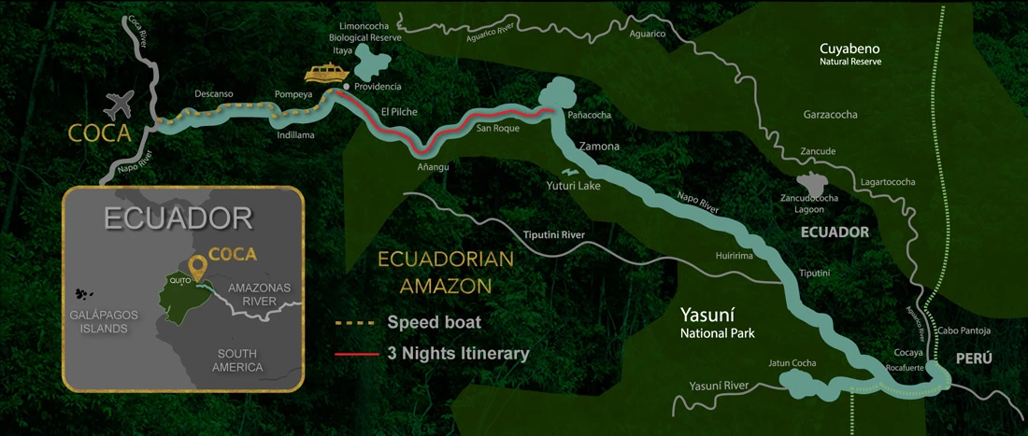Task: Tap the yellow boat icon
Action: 326,73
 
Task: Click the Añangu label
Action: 434,166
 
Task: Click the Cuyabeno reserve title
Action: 850,49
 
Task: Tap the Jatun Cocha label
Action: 792,362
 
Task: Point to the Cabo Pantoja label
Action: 963,331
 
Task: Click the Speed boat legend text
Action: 434,323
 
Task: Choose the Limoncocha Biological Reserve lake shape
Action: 373,63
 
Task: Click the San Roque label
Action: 497,129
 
